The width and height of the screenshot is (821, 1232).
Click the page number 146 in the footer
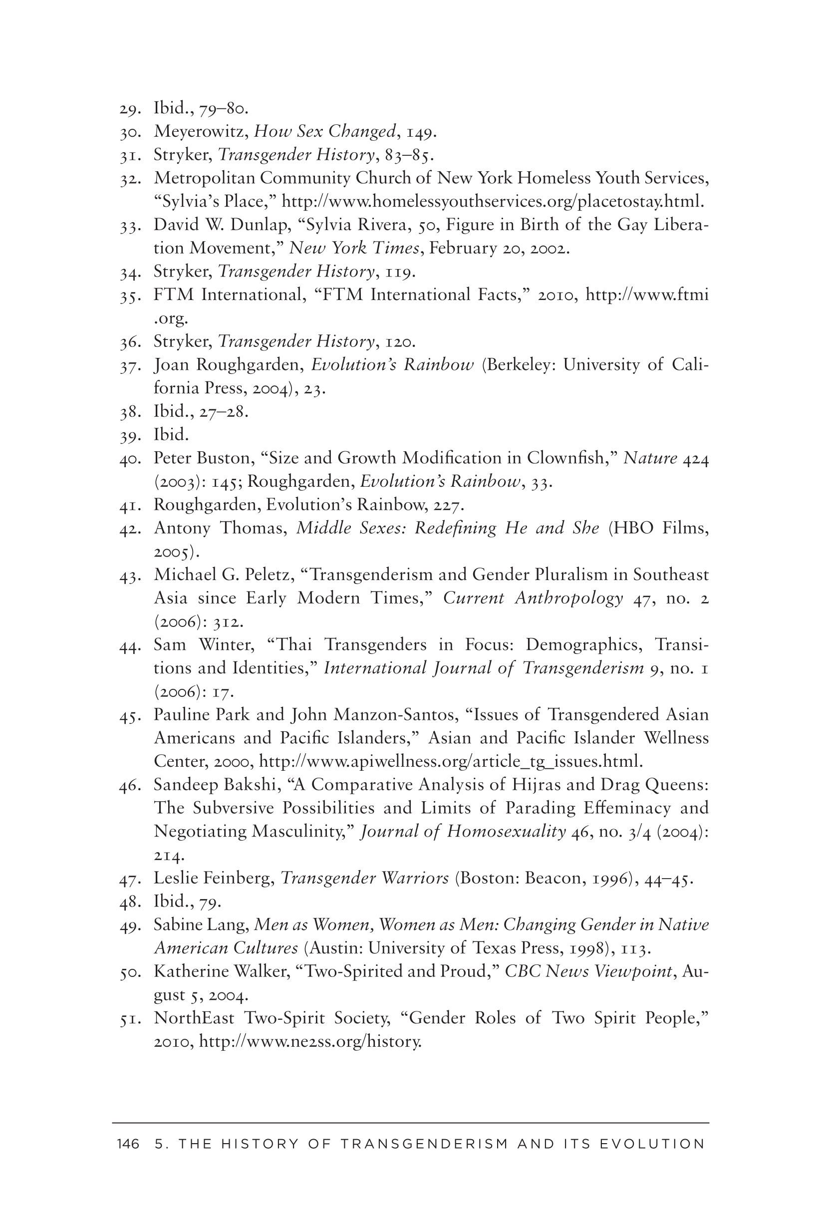[x=128, y=1144]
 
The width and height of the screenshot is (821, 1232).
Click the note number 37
[x=129, y=365]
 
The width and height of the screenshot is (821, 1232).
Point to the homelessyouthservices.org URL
[x=493, y=202]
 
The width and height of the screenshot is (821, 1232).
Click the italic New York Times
[x=354, y=248]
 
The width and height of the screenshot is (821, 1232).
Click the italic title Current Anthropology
[x=533, y=598]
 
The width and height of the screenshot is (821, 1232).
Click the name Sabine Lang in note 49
[x=201, y=925]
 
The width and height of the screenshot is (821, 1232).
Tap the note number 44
[x=129, y=645]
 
